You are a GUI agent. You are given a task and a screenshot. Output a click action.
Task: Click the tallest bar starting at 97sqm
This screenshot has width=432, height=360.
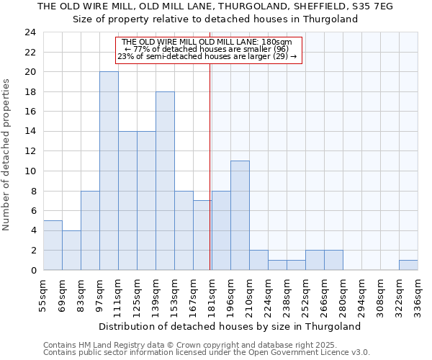109,171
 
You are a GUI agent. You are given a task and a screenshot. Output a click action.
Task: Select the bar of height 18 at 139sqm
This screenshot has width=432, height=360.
165,181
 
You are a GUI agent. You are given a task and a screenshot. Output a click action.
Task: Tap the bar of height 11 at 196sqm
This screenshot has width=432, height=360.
240,215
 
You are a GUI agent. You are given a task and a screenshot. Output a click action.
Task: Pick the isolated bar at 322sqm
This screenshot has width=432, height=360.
408,265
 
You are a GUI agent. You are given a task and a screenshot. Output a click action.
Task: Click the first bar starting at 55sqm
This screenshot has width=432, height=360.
53,245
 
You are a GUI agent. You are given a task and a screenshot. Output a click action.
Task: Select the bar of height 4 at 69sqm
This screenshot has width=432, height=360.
71,250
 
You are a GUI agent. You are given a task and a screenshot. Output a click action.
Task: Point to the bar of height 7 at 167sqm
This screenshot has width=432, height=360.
202,235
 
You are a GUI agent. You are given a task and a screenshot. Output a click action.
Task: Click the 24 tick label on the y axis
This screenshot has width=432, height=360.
30,32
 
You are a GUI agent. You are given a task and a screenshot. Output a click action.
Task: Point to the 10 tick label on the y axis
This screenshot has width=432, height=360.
30,171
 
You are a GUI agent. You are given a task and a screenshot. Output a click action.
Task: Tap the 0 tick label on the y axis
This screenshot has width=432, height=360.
33,270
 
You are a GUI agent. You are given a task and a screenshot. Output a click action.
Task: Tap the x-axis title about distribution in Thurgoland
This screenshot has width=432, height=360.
229,326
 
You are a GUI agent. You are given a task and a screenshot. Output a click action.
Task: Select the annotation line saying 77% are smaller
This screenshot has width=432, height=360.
207,50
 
